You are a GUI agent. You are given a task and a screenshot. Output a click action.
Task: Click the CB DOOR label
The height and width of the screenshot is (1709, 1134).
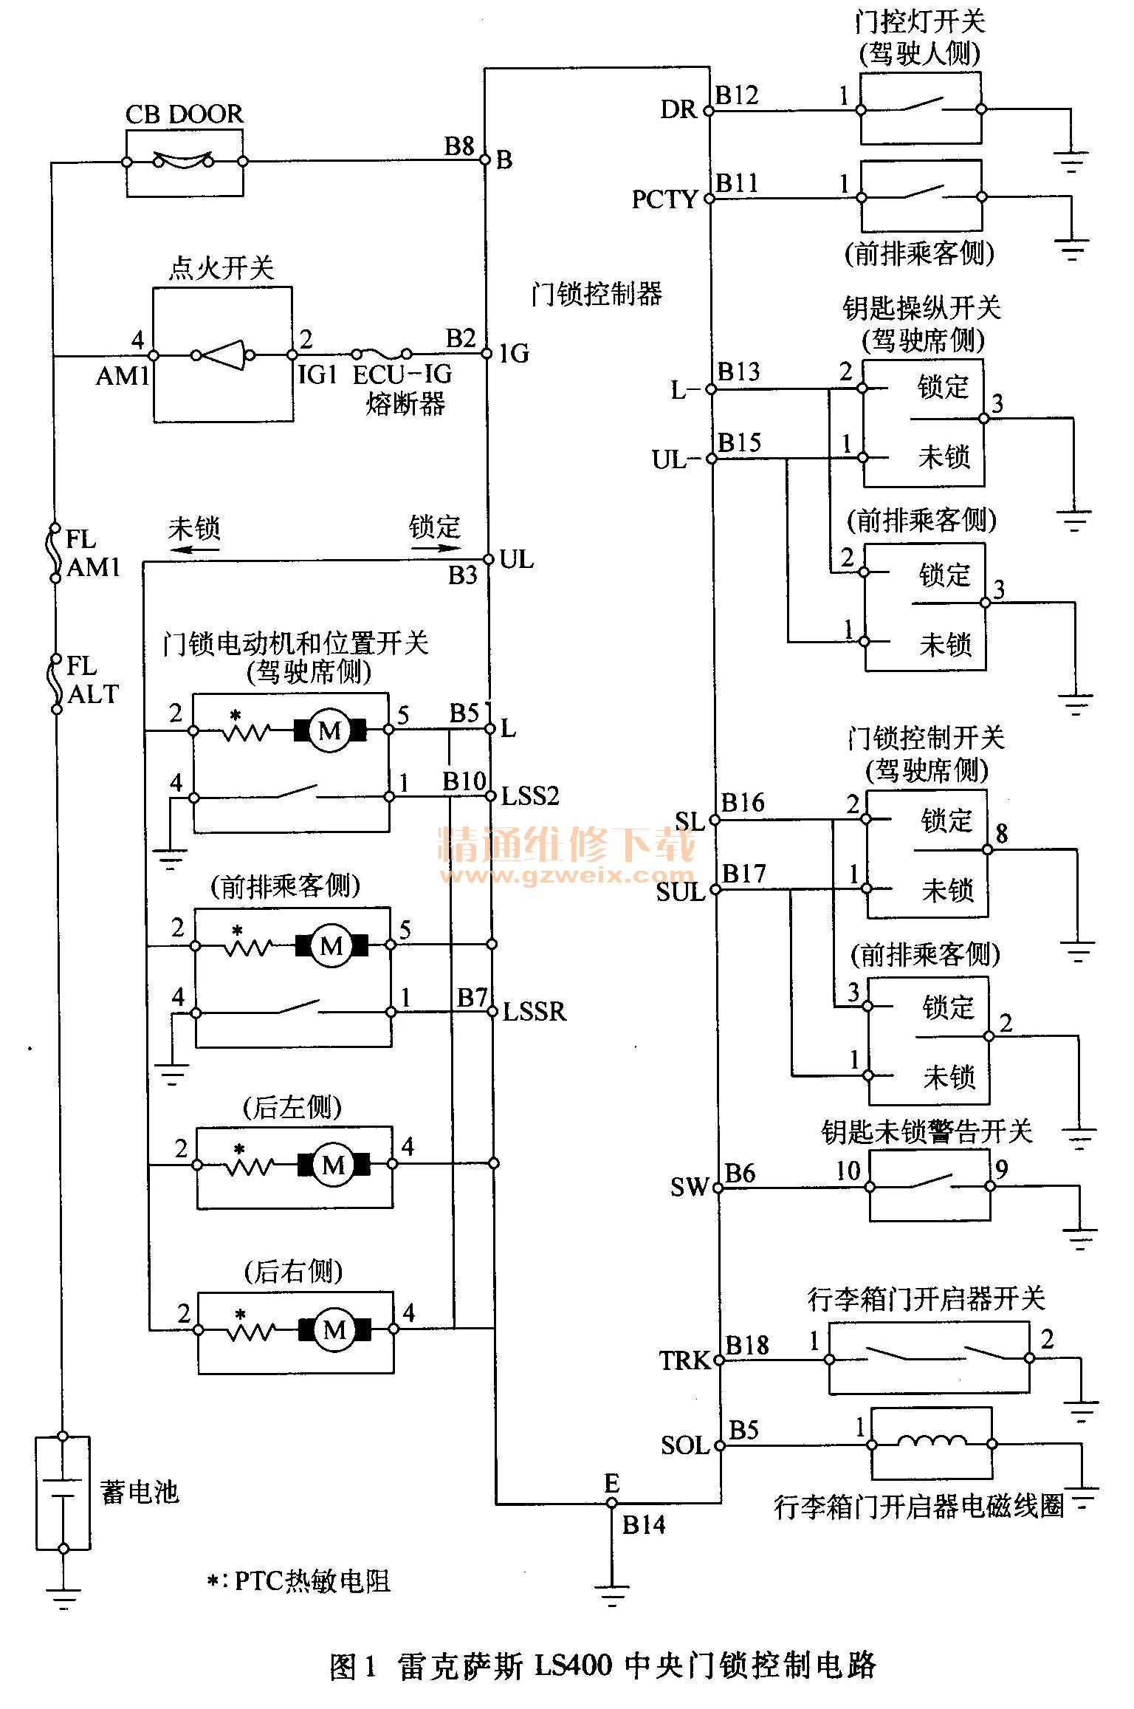point(184,114)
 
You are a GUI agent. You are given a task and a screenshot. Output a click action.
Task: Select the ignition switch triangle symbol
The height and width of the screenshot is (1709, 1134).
point(224,355)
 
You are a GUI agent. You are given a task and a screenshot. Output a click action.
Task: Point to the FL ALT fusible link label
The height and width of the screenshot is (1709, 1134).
point(92,680)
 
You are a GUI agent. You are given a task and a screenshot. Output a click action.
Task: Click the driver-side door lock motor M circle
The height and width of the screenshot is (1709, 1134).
point(330,730)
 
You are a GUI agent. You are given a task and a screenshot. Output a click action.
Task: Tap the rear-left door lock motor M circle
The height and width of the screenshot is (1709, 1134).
point(334,1165)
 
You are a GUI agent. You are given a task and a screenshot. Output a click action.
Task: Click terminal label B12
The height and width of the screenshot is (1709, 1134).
point(737,95)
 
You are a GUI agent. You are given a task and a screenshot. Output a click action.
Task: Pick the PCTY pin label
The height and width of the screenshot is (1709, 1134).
point(664,199)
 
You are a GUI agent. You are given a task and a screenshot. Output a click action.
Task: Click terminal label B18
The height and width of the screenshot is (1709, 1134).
point(747,1346)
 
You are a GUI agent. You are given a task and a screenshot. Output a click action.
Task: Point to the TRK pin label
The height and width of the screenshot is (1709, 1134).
point(684,1360)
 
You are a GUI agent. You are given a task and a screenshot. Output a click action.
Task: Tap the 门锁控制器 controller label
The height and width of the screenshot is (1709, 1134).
point(597,295)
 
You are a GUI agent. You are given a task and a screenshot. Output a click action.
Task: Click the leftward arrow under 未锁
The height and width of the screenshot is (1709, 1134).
point(188,549)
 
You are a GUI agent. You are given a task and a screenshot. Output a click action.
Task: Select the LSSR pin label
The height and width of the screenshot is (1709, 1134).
point(534,1011)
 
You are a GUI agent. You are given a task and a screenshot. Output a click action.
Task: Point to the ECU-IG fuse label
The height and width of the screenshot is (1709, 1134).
point(402,375)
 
